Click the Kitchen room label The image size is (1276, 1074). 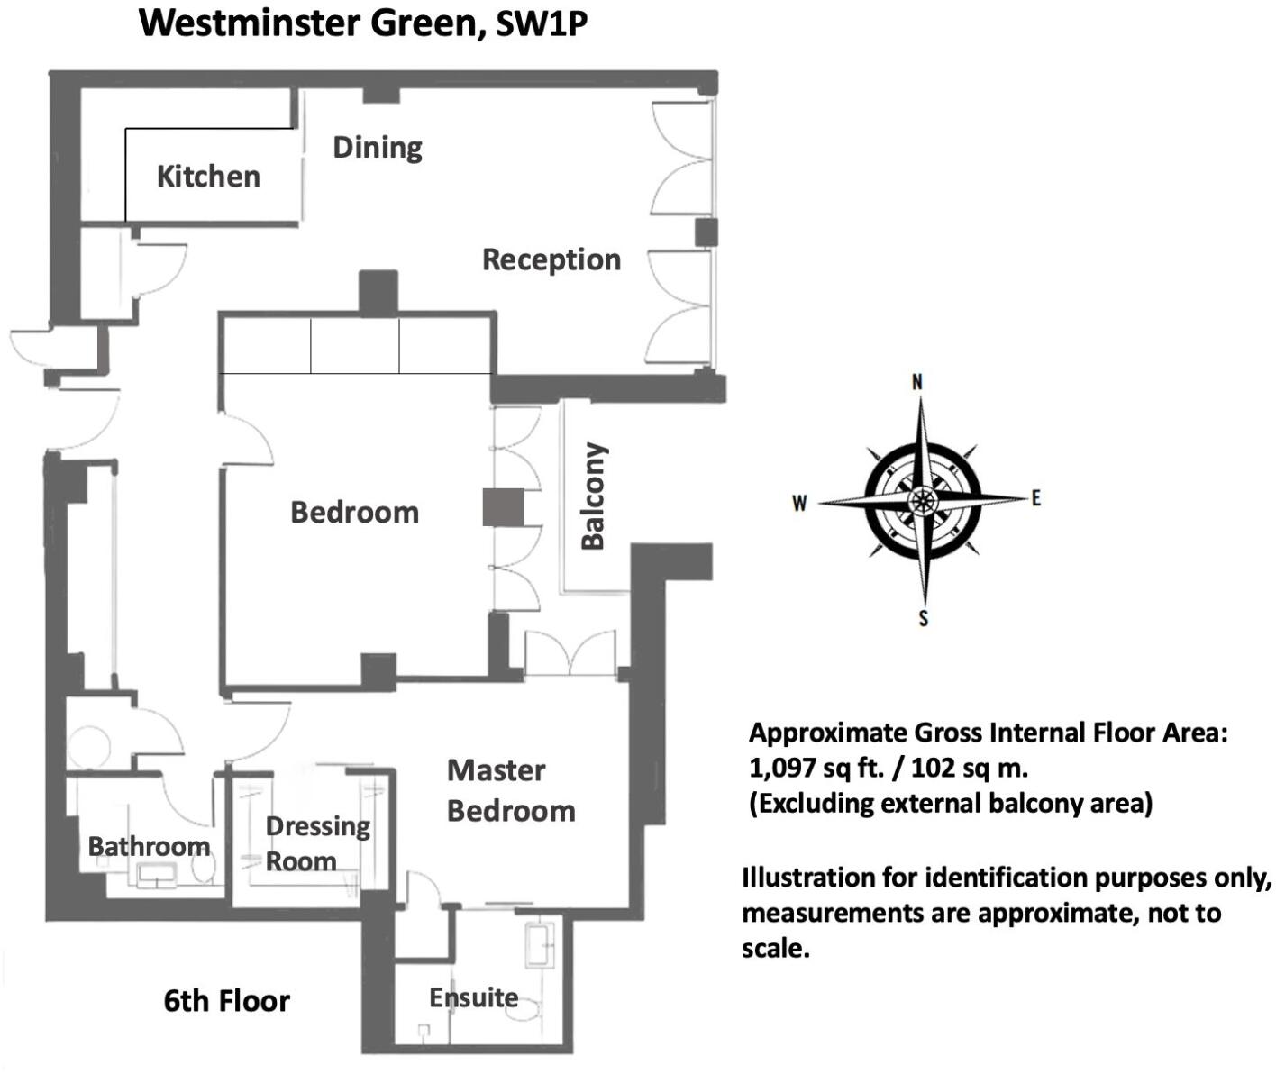[208, 177]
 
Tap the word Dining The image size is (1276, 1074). [378, 147]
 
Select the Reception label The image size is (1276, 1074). [551, 259]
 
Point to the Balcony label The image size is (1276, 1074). [593, 496]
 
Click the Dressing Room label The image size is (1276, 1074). [317, 843]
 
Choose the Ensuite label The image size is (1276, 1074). [473, 997]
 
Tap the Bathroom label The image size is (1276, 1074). [149, 846]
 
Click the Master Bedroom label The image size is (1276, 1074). [510, 790]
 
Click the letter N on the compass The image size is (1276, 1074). [917, 382]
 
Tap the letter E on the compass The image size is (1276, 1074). [1035, 498]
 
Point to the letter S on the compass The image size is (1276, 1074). [923, 618]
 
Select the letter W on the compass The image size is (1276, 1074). [799, 504]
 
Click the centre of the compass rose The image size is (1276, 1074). [922, 500]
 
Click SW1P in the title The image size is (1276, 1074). [542, 24]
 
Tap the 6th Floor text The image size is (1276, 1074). [227, 1001]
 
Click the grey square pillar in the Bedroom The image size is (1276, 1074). [503, 507]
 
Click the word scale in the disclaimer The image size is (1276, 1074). [775, 949]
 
